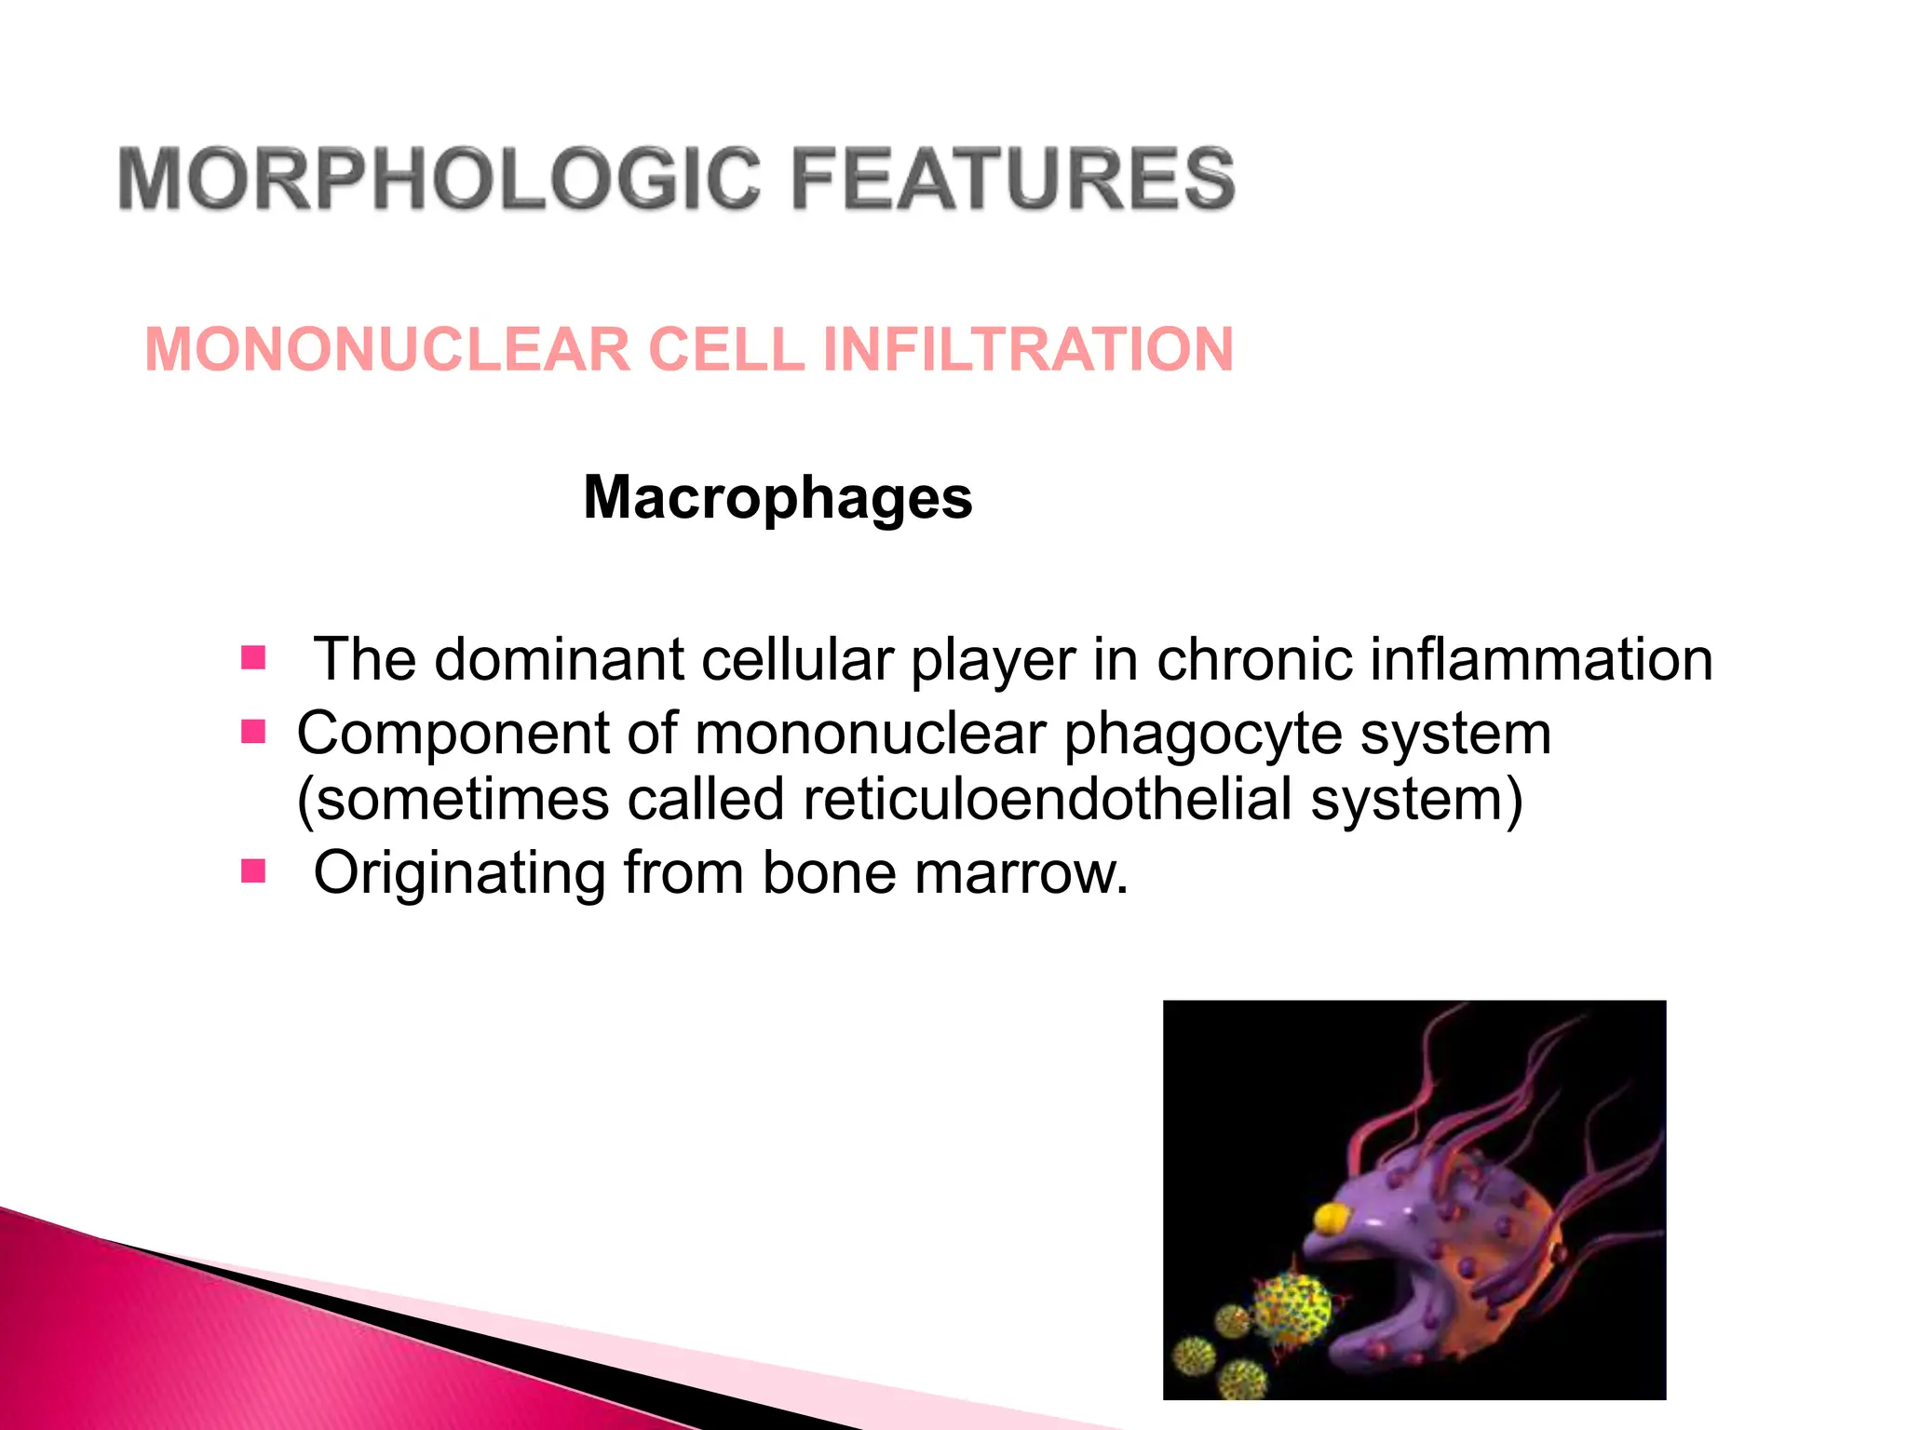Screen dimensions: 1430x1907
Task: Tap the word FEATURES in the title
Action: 1012,178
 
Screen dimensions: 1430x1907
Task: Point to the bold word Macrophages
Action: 778,497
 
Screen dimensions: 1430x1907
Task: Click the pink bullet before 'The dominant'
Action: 253,658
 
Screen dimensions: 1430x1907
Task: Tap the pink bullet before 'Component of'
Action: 253,732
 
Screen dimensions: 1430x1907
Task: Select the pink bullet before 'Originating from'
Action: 253,871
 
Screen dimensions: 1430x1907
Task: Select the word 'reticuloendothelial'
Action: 1047,799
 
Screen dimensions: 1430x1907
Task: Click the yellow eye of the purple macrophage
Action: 1332,1216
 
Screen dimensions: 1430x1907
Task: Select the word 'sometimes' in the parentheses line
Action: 460,799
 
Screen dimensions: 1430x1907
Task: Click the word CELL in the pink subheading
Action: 725,350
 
